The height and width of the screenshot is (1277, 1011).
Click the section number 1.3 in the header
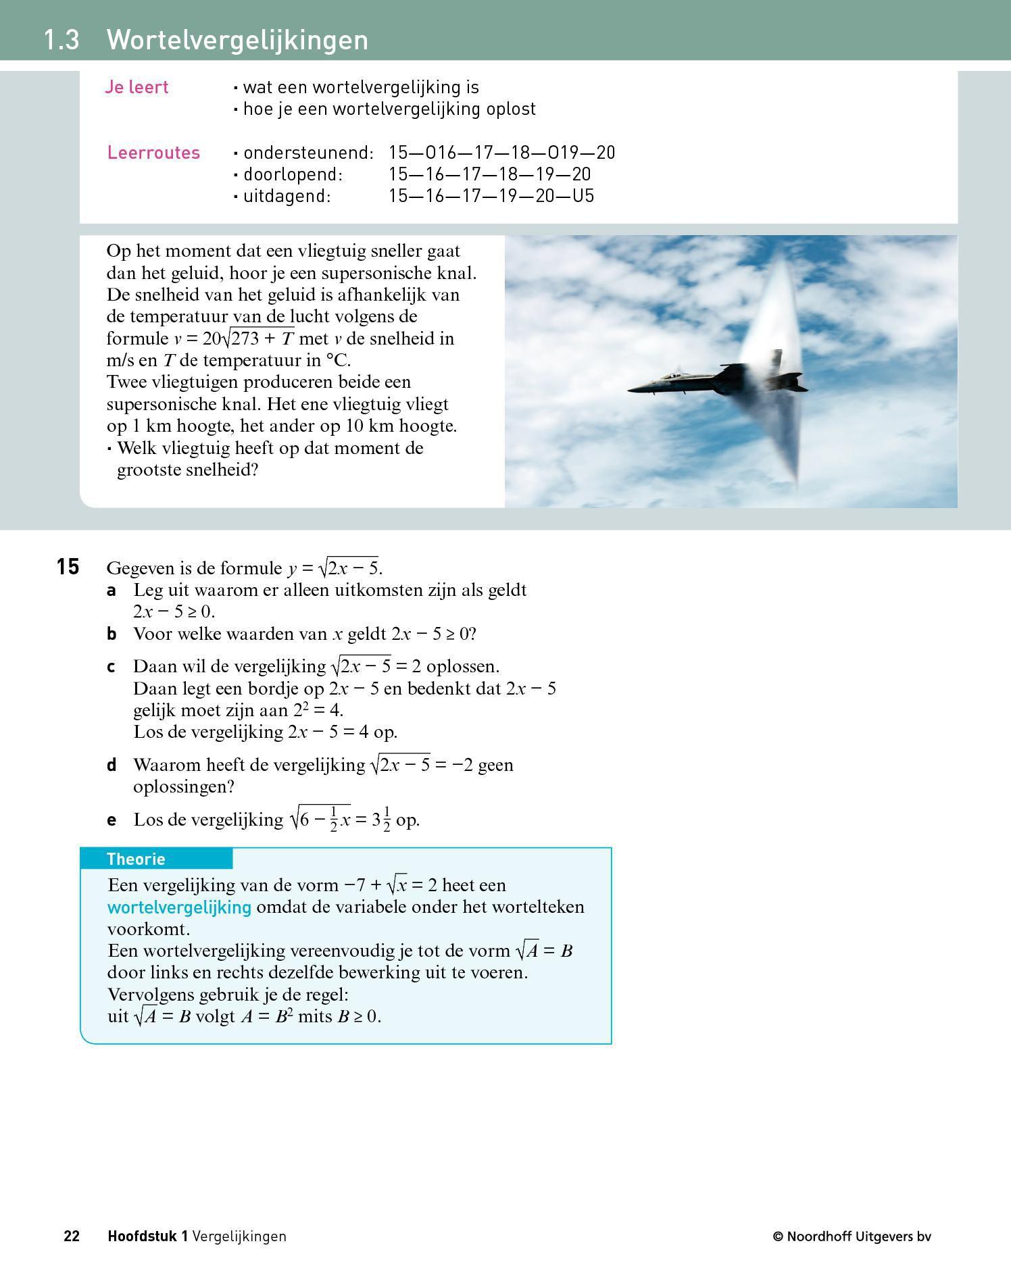pos(61,40)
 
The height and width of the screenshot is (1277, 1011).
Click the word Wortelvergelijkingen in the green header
pos(237,40)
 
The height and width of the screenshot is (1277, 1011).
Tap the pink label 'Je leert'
pos(137,87)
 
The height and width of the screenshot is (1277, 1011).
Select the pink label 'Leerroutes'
pos(153,153)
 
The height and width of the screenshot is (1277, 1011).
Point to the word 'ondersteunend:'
pos(308,153)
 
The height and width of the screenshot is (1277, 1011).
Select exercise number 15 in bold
pos(68,567)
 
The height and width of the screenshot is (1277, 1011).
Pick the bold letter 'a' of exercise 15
pos(112,591)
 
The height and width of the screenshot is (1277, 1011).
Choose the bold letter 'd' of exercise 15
pos(112,765)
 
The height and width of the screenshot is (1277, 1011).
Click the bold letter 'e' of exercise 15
pos(112,820)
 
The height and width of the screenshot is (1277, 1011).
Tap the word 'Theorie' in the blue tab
pos(136,859)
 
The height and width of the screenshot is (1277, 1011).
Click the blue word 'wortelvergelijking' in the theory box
pos(179,907)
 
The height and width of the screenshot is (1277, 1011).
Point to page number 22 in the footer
pos(72,1236)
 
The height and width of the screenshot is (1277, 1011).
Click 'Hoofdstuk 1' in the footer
pos(147,1236)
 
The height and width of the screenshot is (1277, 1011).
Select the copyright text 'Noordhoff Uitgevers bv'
pos(859,1236)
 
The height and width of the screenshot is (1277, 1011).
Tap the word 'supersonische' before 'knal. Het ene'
pos(162,404)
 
